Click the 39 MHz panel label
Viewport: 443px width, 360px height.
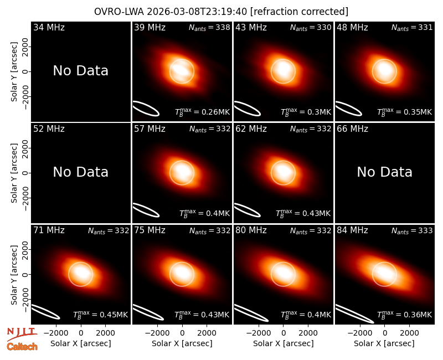click(x=150, y=27)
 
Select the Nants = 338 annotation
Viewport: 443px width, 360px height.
click(x=209, y=27)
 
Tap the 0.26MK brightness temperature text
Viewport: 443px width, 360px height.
click(x=215, y=112)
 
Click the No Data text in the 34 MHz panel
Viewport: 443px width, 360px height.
click(x=81, y=71)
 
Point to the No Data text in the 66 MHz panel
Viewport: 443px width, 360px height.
click(x=384, y=172)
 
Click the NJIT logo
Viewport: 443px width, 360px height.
click(x=22, y=333)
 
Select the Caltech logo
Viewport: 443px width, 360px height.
click(x=22, y=347)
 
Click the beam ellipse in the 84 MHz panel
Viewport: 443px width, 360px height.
click(x=354, y=313)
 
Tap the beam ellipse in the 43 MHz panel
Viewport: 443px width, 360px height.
click(x=248, y=109)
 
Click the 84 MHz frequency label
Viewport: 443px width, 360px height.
click(x=352, y=230)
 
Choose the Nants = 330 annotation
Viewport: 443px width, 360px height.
click(x=311, y=27)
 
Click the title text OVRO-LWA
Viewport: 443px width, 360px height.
click(x=119, y=12)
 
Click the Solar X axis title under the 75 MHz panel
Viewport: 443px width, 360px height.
click(x=182, y=343)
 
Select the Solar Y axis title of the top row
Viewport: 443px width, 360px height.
click(x=14, y=72)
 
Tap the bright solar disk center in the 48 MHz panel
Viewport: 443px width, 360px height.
click(x=384, y=71)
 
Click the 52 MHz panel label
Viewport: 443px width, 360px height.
click(x=49, y=129)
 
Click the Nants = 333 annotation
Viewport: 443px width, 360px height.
click(x=412, y=230)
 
